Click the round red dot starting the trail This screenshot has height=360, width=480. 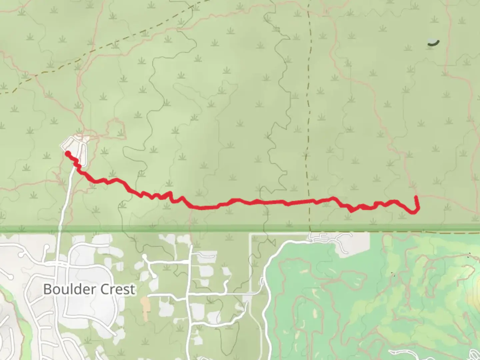[x=68, y=153]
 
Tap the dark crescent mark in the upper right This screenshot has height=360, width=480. [x=434, y=42]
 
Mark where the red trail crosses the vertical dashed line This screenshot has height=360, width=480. [x=309, y=201]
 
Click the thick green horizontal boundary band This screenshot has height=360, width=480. [x=240, y=229]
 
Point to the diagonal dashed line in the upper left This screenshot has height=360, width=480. [x=100, y=50]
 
